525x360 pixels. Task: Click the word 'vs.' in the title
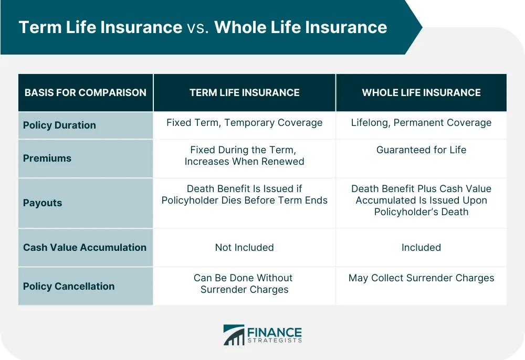[x=198, y=27]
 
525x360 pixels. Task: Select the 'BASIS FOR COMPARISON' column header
[x=85, y=93]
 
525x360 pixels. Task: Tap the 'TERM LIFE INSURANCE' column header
[x=244, y=93]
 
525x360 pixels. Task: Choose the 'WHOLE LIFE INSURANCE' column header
[x=421, y=93]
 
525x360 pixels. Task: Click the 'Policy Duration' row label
[x=59, y=125]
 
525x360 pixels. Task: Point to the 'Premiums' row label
[x=47, y=158]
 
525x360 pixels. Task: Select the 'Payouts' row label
[x=43, y=203]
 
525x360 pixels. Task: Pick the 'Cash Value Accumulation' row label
[x=85, y=247]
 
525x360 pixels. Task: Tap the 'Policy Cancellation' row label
[x=69, y=286]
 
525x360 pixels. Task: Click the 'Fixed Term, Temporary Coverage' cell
[x=244, y=123]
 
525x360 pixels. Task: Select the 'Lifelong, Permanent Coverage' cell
[x=421, y=123]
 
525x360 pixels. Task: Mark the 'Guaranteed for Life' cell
[x=421, y=150]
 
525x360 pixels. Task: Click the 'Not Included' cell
[x=244, y=247]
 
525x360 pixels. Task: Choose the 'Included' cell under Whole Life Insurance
[x=421, y=247]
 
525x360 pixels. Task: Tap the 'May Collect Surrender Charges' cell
[x=421, y=278]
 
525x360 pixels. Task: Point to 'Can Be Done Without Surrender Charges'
[x=244, y=283]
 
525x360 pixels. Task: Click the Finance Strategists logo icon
[x=234, y=335]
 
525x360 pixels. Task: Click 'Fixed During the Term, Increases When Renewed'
[x=244, y=156]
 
